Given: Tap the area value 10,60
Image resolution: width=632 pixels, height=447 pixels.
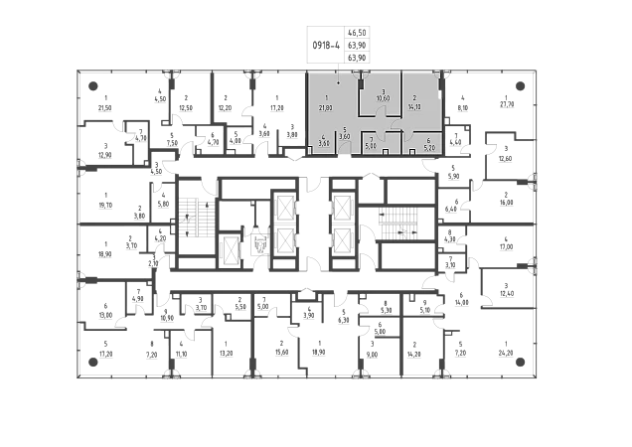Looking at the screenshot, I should pos(383,99).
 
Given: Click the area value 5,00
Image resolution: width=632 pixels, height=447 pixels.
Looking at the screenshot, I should pos(372,146).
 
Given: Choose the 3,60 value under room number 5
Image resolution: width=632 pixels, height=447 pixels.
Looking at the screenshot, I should pos(345,137).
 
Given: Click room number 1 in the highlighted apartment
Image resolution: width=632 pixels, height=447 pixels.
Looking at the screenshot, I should pos(326,96).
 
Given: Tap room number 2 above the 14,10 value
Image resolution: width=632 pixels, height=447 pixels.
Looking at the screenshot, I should pos(414,97).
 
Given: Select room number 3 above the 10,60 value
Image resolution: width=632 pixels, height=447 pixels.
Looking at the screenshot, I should pos(383,91).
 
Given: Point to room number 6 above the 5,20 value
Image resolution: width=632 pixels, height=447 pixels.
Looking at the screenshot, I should pos(428,141).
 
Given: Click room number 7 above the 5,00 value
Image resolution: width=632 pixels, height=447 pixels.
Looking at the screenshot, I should pos(372,138).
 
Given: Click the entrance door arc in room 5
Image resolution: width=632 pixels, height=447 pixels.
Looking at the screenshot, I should pos(345,150).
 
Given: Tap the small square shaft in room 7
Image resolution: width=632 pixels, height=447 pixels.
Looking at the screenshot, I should pos(385,152).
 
